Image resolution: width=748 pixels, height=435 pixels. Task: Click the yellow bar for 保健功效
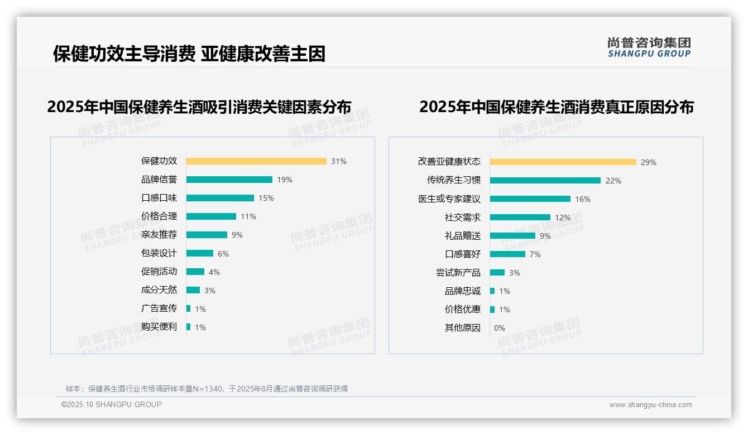256,161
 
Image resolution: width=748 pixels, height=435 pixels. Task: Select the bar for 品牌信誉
229,180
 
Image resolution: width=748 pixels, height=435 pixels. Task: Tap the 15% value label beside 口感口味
266,198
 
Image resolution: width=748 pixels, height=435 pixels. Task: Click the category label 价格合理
159,216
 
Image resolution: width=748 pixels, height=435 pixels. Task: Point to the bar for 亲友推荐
207,235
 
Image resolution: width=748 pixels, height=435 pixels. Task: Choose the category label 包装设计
159,253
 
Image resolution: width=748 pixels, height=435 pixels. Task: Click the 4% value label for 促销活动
214,272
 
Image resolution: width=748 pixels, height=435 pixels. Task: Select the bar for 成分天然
193,290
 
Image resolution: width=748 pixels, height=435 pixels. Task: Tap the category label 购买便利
159,327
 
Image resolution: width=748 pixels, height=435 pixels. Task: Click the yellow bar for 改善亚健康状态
563,162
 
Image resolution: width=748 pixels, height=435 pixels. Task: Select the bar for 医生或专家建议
530,199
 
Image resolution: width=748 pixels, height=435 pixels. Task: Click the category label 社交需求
462,217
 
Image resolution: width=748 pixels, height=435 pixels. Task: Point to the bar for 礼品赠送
512,236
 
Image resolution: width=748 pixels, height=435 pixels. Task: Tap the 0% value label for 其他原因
499,328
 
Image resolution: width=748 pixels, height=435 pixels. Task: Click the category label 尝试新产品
458,273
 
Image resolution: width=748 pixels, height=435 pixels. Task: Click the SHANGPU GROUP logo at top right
649,47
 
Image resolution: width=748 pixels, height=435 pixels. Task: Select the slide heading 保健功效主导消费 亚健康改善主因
189,54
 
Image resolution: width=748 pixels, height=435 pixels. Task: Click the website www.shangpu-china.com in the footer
650,405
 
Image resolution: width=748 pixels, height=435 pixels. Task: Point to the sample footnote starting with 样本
207,389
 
